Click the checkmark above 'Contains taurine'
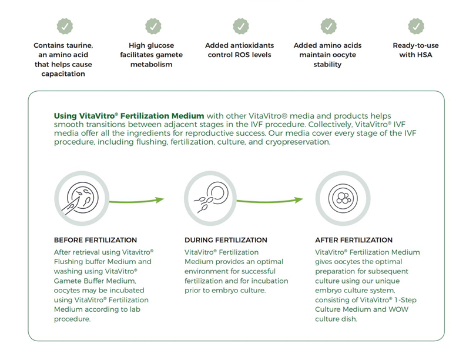click(x=65, y=26)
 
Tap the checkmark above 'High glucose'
click(x=153, y=26)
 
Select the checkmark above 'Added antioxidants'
click(x=241, y=26)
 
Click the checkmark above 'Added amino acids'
click(x=328, y=26)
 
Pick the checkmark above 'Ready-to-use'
click(x=416, y=26)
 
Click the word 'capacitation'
click(x=63, y=74)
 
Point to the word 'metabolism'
click(x=151, y=64)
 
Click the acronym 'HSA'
click(x=424, y=55)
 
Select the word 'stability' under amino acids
click(x=327, y=64)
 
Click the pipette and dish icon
click(x=82, y=198)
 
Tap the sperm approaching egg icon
click(x=210, y=198)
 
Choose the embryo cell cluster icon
click(x=343, y=198)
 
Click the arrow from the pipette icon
click(x=136, y=201)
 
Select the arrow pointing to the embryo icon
click(x=270, y=201)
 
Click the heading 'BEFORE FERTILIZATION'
click(x=95, y=240)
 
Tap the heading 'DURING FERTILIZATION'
click(x=226, y=240)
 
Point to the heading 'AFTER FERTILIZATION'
click(x=354, y=240)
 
